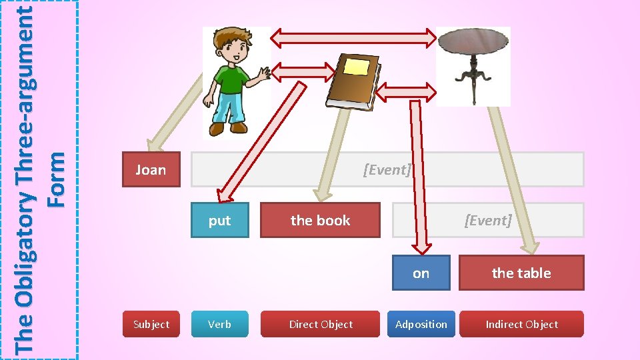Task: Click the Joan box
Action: coord(151,170)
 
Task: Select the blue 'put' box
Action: coord(219,221)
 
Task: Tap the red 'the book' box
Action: coord(320,221)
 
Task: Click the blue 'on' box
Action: coord(421,273)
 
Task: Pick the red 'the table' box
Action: coord(521,273)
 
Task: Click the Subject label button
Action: coord(151,325)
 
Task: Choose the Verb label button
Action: coord(219,325)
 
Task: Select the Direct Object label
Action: coord(321,325)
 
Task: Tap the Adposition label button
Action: coord(421,325)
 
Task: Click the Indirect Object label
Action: coord(521,325)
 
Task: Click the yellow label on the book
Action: coord(357,67)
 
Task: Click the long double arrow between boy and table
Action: coord(353,39)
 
